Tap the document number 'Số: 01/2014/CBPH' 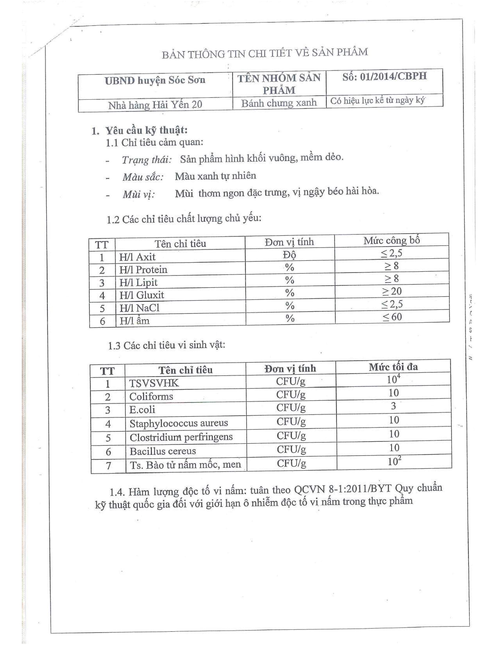pyautogui.click(x=384, y=76)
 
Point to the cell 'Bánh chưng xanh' pyautogui.click(x=279, y=103)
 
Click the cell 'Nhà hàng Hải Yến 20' pyautogui.click(x=155, y=105)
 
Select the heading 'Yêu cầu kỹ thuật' pyautogui.click(x=146, y=130)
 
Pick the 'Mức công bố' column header pyautogui.click(x=392, y=240)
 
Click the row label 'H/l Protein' pyautogui.click(x=143, y=270)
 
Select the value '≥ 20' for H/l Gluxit pyautogui.click(x=392, y=291)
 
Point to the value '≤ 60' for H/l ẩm pyautogui.click(x=392, y=317)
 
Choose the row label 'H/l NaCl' pyautogui.click(x=139, y=308)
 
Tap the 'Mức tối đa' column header pyautogui.click(x=393, y=367)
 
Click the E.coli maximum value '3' pyautogui.click(x=393, y=406)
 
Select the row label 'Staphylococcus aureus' pyautogui.click(x=178, y=423)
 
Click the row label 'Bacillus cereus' pyautogui.click(x=162, y=451)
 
